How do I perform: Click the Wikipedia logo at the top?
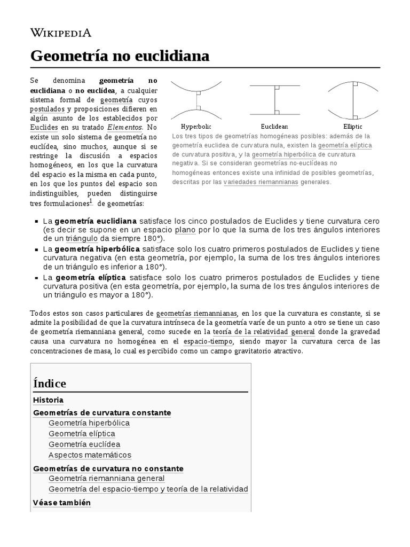(61, 33)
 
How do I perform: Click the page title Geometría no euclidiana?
(120, 56)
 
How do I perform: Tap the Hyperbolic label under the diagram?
(196, 127)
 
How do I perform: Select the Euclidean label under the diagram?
(274, 127)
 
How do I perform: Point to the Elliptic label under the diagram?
(353, 127)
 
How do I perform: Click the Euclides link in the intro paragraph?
(44, 128)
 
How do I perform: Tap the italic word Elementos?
(125, 128)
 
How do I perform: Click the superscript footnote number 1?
(91, 201)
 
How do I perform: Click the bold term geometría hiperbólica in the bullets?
(97, 249)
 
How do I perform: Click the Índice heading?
(50, 384)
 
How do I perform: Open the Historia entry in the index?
(48, 400)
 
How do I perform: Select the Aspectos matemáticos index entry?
(90, 455)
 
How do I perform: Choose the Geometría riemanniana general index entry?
(106, 479)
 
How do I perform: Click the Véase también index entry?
(62, 503)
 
